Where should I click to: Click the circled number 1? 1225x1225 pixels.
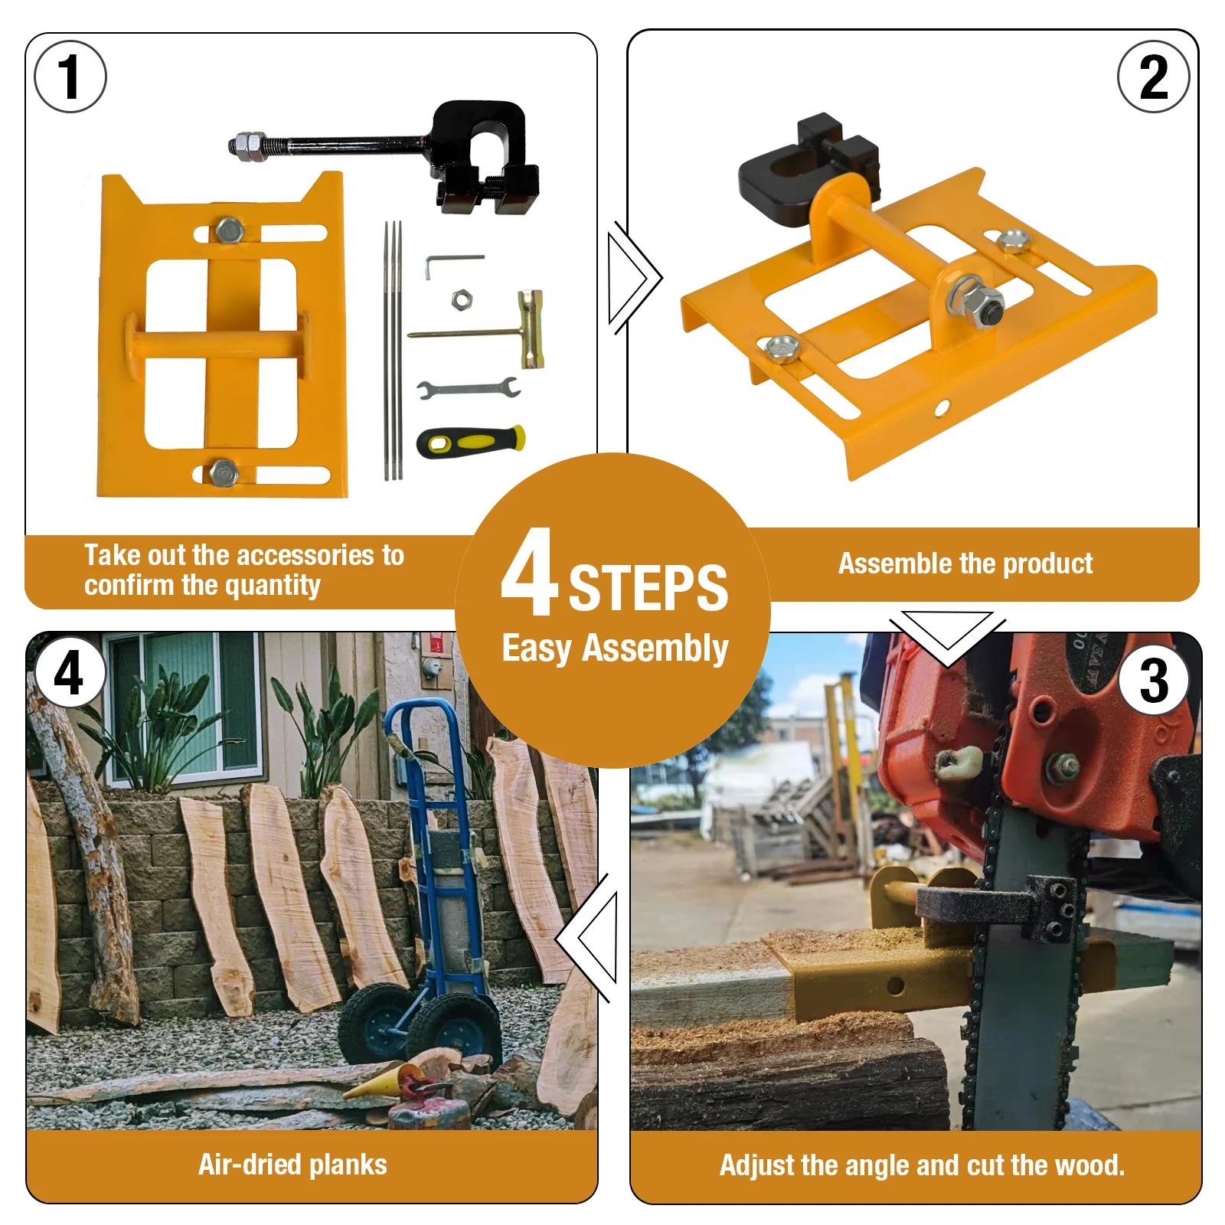pyautogui.click(x=70, y=77)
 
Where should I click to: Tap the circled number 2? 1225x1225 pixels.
pyautogui.click(x=1153, y=77)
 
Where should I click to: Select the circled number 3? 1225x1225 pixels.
pyautogui.click(x=1155, y=681)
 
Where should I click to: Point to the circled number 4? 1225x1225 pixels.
pyautogui.click(x=69, y=672)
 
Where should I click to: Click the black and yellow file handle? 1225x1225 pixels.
pyautogui.click(x=471, y=441)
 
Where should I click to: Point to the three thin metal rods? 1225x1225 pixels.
pyautogui.click(x=393, y=351)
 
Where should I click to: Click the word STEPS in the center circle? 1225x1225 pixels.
pyautogui.click(x=648, y=588)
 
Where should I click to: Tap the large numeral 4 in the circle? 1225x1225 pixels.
pyautogui.click(x=531, y=572)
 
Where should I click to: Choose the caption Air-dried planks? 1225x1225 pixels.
pyautogui.click(x=292, y=1165)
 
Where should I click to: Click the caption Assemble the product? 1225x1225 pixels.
pyautogui.click(x=965, y=563)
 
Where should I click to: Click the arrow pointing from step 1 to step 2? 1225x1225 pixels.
pyautogui.click(x=635, y=278)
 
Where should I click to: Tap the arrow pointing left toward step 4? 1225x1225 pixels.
pyautogui.click(x=586, y=939)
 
